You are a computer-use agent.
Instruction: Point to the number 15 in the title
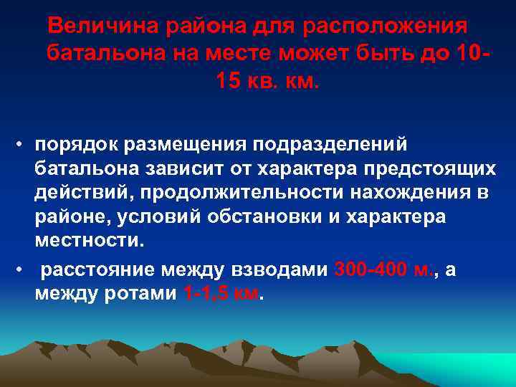[229, 80]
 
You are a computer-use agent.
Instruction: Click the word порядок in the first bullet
[75, 143]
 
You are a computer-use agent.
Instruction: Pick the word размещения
[188, 143]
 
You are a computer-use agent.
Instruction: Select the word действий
[84, 192]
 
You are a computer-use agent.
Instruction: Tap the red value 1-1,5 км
[219, 295]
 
